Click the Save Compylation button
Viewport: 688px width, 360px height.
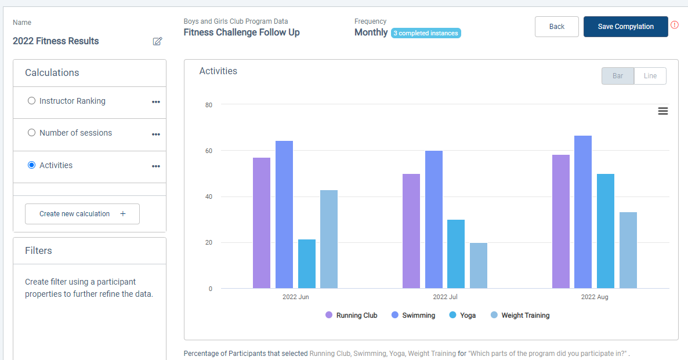pyautogui.click(x=625, y=27)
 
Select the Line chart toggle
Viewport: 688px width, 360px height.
pyautogui.click(x=650, y=76)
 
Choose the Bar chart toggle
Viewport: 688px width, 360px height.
pyautogui.click(x=618, y=76)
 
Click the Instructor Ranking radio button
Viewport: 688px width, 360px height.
pyautogui.click(x=32, y=101)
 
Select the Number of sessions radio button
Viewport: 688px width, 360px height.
pyautogui.click(x=32, y=133)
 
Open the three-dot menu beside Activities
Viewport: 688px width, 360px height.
pyautogui.click(x=155, y=166)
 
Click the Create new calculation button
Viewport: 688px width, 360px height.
pyautogui.click(x=82, y=214)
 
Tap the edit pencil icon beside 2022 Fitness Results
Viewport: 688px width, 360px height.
pyautogui.click(x=157, y=41)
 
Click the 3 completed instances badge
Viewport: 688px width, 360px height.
pyautogui.click(x=426, y=33)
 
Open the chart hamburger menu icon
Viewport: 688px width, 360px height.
pyautogui.click(x=663, y=111)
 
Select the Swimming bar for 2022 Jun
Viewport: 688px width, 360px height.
pyautogui.click(x=284, y=214)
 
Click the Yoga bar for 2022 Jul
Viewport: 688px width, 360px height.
pyautogui.click(x=456, y=254)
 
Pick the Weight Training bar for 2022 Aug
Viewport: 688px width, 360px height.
pyautogui.click(x=628, y=250)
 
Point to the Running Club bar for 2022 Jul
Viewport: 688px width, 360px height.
pyautogui.click(x=411, y=231)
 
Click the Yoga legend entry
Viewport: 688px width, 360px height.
pyautogui.click(x=462, y=315)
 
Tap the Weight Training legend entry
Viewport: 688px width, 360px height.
pyautogui.click(x=520, y=315)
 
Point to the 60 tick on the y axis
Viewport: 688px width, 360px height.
pyautogui.click(x=209, y=151)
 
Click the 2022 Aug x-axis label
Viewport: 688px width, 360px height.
pyautogui.click(x=595, y=297)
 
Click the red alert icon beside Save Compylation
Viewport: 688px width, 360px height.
pyautogui.click(x=675, y=25)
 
